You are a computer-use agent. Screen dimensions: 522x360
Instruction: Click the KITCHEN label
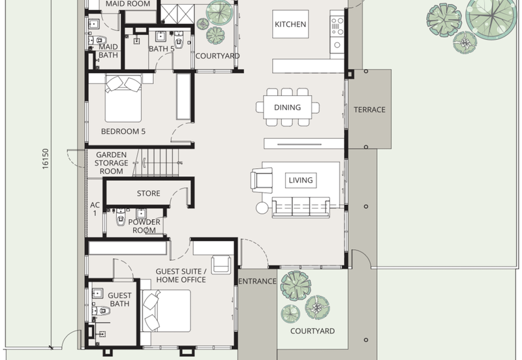point(290,24)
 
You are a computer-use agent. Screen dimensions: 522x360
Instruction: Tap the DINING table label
point(287,108)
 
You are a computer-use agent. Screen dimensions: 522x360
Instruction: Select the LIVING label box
point(301,181)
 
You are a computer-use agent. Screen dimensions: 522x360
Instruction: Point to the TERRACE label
point(369,110)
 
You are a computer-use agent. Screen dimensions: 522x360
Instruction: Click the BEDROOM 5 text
point(123,132)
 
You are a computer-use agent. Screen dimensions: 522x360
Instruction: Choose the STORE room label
point(149,193)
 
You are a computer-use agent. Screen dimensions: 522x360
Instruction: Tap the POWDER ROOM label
point(144,226)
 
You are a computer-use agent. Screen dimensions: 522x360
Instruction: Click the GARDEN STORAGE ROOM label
point(111,163)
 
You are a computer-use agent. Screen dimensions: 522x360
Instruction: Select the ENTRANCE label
point(257,282)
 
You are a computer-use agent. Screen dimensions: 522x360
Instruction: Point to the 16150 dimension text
point(46,158)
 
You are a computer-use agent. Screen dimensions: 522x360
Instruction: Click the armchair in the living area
point(262,181)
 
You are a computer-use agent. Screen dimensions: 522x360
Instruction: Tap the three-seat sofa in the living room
point(301,207)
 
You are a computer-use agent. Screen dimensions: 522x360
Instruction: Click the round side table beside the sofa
point(262,208)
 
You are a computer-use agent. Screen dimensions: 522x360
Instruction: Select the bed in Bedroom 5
point(123,98)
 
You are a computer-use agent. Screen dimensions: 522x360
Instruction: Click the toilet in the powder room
point(121,217)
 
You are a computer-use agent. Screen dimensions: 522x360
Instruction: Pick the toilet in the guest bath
point(101,310)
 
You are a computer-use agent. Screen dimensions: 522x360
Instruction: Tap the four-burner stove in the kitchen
point(337,26)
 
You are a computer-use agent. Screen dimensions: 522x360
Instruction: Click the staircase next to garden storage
point(156,162)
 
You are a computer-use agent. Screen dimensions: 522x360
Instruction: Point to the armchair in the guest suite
point(221,265)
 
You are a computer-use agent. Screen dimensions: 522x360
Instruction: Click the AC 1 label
point(95,209)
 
